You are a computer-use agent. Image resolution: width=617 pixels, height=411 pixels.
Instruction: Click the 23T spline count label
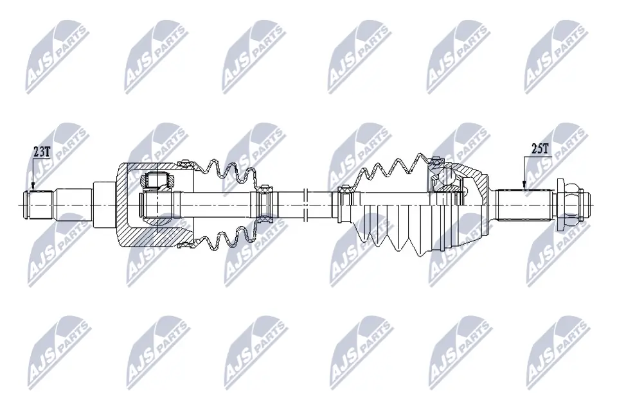[x=42, y=152]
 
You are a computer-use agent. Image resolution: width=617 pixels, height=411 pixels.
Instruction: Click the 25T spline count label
[x=539, y=149]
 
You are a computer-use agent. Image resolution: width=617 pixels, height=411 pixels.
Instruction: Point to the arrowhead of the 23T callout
[x=33, y=189]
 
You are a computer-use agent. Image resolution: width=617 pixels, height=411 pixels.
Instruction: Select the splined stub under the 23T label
[x=39, y=205]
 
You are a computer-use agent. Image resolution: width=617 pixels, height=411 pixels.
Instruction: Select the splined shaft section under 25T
[x=524, y=205]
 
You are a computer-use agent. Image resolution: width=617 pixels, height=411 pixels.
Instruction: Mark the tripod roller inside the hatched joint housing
[x=157, y=181]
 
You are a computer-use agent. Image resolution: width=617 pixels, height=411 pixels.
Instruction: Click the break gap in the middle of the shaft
[x=306, y=204]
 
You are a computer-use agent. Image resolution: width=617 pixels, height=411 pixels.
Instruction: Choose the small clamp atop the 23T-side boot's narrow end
[x=263, y=189]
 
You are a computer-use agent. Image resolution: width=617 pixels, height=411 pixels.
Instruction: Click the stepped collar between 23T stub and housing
[x=102, y=204]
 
